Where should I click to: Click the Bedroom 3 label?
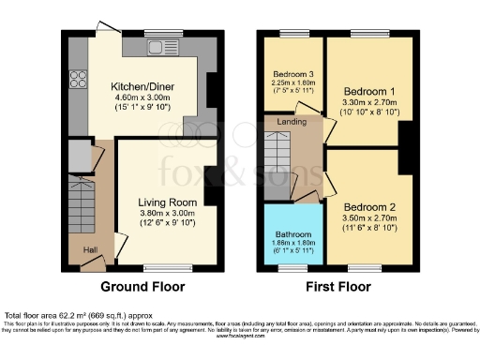292,73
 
